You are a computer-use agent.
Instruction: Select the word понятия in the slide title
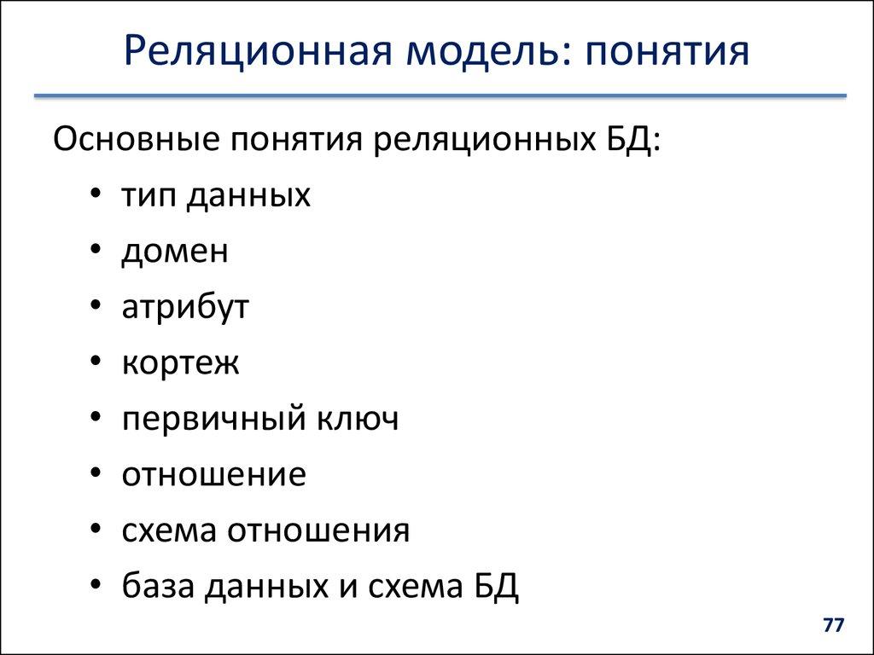pyautogui.click(x=666, y=52)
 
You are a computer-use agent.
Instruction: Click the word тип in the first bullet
pyautogui.click(x=149, y=196)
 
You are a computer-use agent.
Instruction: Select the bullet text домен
pyautogui.click(x=175, y=252)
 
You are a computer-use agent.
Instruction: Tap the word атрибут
pyautogui.click(x=185, y=307)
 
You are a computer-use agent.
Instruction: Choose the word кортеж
pyautogui.click(x=180, y=363)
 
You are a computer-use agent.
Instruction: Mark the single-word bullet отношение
pyautogui.click(x=213, y=475)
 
